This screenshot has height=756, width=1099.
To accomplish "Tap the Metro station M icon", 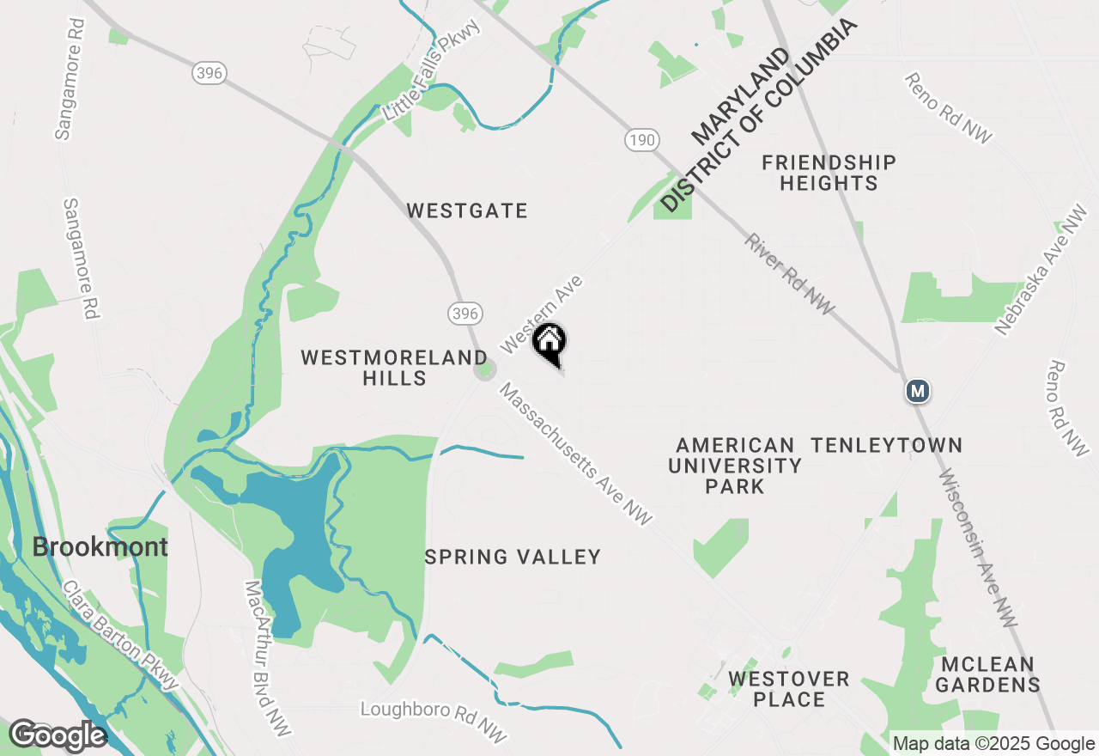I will point(918,391).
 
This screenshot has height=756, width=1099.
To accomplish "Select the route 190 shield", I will point(641,139).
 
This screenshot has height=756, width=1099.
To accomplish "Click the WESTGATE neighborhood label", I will point(467,210).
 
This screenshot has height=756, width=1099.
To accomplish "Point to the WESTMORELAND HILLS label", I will point(394,368).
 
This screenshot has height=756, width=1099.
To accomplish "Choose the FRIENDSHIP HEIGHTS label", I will point(829,173).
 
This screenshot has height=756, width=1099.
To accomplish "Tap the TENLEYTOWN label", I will point(887,445).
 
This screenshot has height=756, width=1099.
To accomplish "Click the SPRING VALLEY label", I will point(513,557).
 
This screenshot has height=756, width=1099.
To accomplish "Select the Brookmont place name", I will point(100,547).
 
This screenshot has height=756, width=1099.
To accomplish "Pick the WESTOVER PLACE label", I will point(788,689).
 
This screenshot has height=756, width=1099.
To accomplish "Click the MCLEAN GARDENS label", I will point(987,674).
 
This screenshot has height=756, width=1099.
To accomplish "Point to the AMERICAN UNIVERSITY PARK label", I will point(734,466).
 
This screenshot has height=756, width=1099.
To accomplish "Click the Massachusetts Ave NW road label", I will point(576,454).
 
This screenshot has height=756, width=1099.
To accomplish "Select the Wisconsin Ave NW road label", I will point(978,550).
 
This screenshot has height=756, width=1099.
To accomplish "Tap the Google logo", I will point(58,735).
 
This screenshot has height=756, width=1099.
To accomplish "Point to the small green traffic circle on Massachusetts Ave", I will point(486,370).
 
